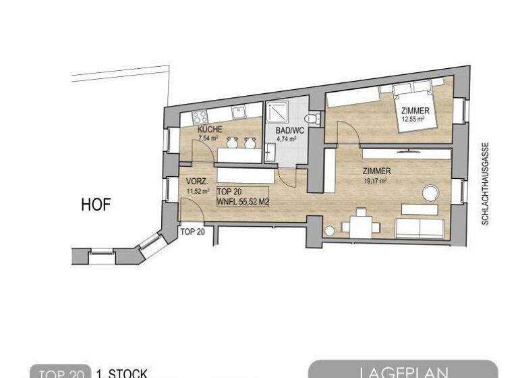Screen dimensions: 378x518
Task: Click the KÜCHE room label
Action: coord(209,130)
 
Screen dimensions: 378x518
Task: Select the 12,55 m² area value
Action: coord(412,119)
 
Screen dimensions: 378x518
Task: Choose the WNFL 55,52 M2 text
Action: coord(243,201)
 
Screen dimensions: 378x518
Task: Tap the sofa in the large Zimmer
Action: coord(420,227)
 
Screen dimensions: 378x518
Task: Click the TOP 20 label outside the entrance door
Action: coord(192,232)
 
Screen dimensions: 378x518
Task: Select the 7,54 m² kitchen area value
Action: coord(208,138)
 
